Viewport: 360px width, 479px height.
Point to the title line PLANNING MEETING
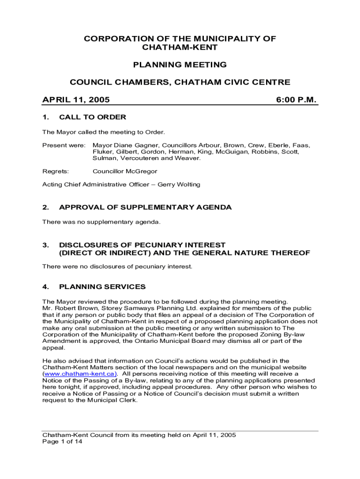[180, 65]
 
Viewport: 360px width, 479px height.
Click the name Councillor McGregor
[125, 171]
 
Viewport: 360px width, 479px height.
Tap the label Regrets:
[56, 171]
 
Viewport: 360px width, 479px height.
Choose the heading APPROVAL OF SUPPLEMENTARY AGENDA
[145, 207]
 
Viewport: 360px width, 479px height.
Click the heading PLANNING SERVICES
[102, 287]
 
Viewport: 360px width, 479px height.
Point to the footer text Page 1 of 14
[62, 442]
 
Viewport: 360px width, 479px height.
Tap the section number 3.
[45, 245]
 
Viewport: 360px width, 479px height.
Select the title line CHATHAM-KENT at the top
[180, 47]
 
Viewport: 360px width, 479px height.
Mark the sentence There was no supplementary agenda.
[101, 222]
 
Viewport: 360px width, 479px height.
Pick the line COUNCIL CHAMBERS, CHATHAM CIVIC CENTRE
[180, 82]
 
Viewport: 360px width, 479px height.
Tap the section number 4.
[45, 287]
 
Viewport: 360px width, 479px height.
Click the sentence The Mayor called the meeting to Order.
[104, 132]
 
